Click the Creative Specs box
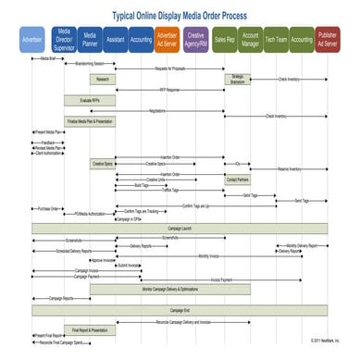pos(103,164)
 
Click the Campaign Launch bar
pos(180,228)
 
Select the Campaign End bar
pos(180,310)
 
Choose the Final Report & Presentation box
pos(90,329)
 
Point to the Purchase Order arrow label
pos(48,208)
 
